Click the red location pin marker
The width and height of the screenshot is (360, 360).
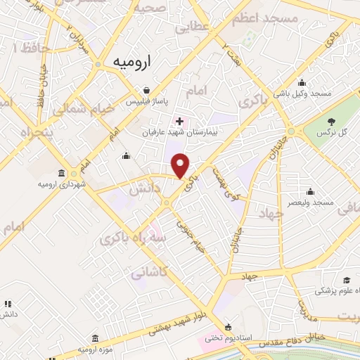pyautogui.click(x=181, y=165)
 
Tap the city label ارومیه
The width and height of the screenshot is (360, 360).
pyautogui.click(x=136, y=62)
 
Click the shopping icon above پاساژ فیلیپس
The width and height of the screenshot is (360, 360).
pyautogui.click(x=146, y=90)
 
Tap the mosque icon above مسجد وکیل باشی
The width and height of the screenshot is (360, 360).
pyautogui.click(x=302, y=82)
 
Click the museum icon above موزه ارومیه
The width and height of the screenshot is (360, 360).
pyautogui.click(x=95, y=337)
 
